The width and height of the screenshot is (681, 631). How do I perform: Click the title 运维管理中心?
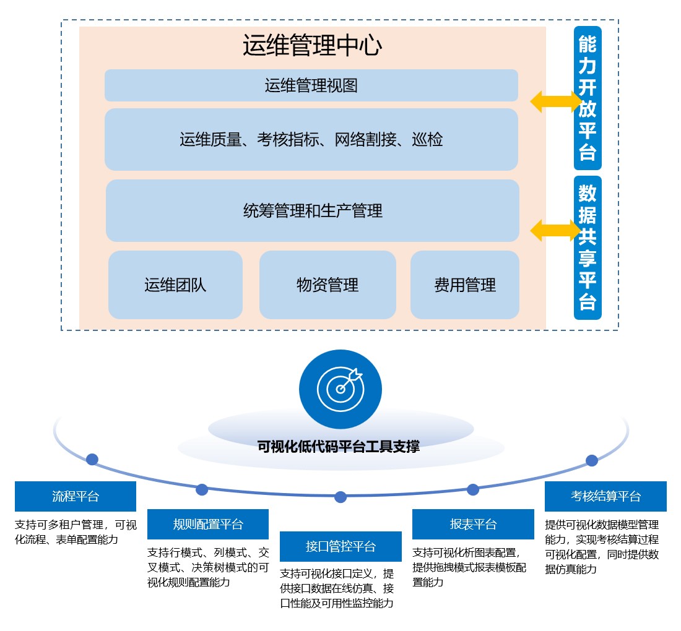311,46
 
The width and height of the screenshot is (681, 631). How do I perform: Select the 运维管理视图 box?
311,85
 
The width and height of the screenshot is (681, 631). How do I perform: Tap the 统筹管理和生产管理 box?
312,211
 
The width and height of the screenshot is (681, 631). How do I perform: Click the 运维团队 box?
175,285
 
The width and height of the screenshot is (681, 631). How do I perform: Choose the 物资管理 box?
327,285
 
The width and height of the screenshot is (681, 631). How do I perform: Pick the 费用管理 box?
464,285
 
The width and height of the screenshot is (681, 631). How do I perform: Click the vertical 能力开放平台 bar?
587,98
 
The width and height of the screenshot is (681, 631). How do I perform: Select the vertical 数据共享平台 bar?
587,247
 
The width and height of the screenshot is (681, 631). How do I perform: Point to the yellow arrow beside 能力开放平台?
555,101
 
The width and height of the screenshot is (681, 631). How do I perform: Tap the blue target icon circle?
340,388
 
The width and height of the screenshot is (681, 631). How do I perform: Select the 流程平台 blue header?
76,496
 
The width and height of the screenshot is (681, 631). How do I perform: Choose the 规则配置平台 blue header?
208,525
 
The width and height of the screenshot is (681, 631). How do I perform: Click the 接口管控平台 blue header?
340,546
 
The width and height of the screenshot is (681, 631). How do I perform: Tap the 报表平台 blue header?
473,525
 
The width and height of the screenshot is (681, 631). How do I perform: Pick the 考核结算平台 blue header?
605,496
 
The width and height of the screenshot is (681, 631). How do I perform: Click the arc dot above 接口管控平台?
340,497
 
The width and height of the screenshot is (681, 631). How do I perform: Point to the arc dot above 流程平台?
92,459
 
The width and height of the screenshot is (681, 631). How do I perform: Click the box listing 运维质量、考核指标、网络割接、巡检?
311,140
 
